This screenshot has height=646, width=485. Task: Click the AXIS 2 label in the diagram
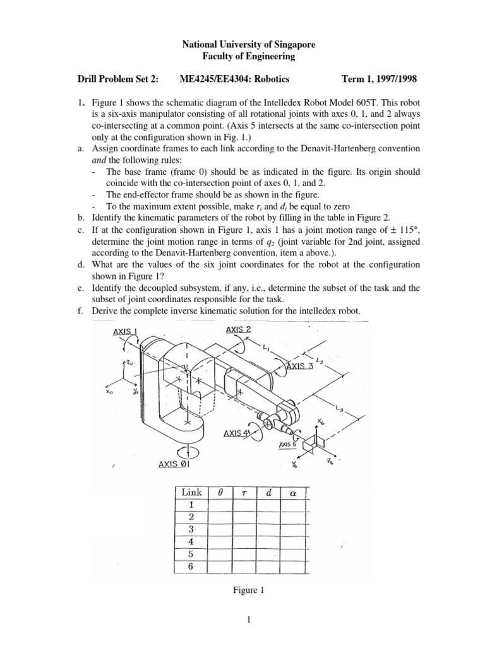coord(238,329)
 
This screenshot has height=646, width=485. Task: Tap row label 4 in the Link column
coord(190,542)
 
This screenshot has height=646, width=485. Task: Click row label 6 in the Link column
coord(190,567)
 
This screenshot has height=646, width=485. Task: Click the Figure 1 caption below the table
coord(242,590)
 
